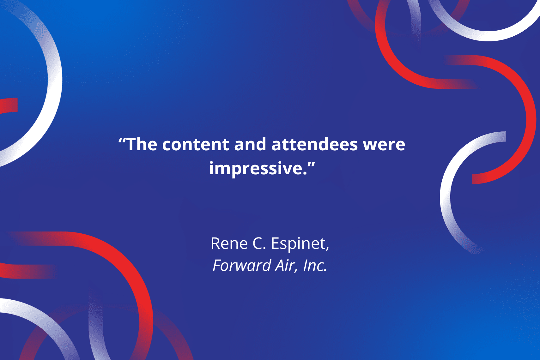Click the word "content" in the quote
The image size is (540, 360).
[196, 145]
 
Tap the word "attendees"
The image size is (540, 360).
[315, 145]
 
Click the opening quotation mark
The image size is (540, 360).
[122, 141]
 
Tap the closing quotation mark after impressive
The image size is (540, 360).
[311, 165]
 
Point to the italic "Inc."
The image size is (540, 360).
[315, 265]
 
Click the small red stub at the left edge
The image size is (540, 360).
[9, 105]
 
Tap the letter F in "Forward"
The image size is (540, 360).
[217, 266]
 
